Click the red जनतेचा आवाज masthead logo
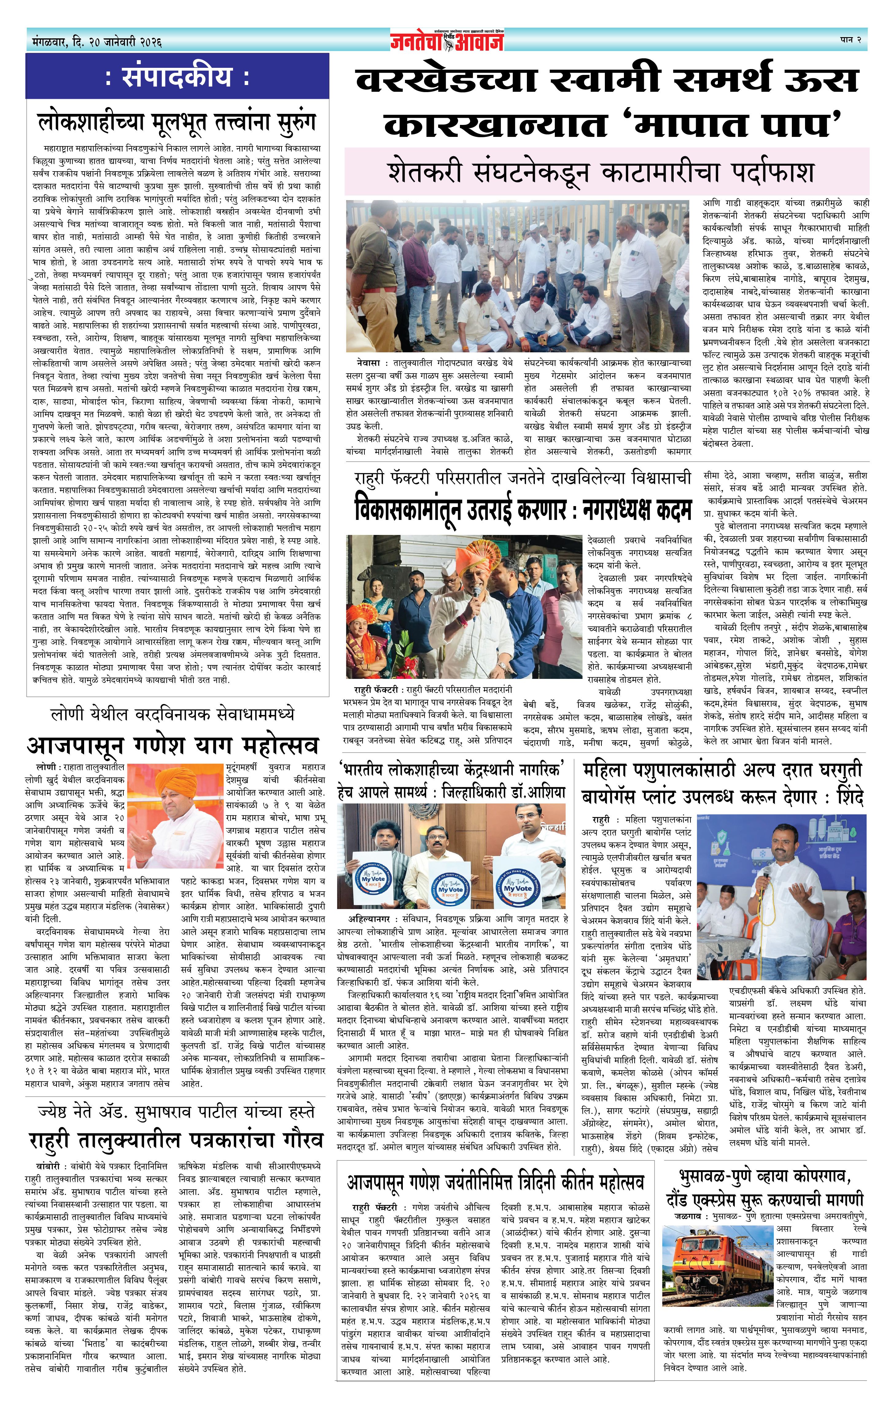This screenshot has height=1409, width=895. click(x=447, y=41)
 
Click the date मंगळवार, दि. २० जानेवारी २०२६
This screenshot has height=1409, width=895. click(x=97, y=42)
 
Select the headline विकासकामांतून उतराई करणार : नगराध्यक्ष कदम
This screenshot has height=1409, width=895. click(x=523, y=511)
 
